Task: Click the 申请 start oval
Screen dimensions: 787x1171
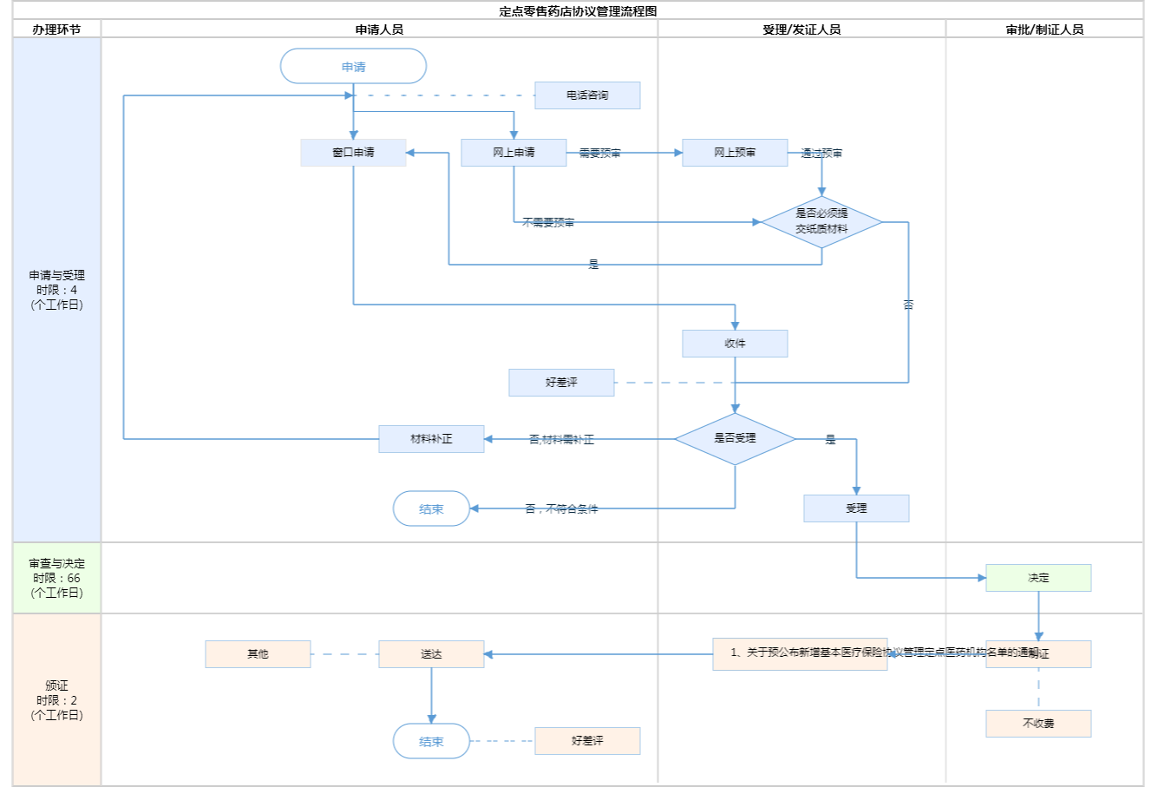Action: (353, 67)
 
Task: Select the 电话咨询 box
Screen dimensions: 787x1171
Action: (587, 95)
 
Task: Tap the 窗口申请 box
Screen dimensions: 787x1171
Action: (353, 153)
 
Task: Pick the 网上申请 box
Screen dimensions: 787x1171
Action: (514, 153)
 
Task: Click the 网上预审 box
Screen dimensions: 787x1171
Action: (735, 153)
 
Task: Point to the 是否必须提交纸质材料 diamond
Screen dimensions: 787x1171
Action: (821, 222)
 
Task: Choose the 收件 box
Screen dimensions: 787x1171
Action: (735, 344)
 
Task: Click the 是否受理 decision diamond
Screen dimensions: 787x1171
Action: (735, 439)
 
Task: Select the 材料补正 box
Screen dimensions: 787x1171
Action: (431, 439)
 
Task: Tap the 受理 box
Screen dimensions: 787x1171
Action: (856, 508)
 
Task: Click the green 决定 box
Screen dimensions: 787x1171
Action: (1038, 578)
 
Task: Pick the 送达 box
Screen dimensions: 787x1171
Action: (431, 654)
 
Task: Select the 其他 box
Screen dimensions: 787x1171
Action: (258, 654)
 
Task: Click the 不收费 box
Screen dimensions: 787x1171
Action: (1038, 724)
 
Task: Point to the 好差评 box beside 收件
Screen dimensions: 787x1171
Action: (561, 383)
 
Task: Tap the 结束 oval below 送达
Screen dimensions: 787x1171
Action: (431, 742)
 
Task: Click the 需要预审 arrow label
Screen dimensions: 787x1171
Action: (599, 154)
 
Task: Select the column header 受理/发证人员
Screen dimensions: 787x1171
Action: (801, 30)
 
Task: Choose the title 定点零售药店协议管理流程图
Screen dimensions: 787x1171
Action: (578, 11)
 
